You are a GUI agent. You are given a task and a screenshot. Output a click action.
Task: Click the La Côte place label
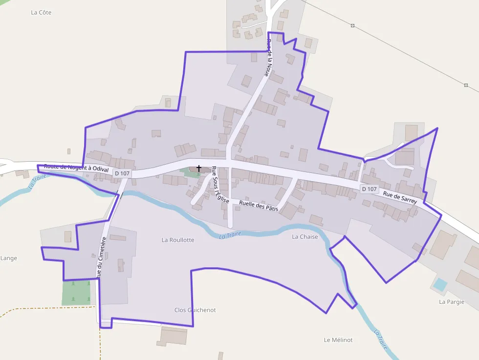pos(41,12)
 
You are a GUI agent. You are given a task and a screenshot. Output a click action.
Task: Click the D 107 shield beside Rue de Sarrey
pos(370,189)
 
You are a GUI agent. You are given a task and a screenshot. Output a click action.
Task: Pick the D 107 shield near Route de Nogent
pos(122,173)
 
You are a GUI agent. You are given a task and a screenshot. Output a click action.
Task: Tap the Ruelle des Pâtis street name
pos(259,206)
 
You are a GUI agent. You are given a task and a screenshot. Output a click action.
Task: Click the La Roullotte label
pos(178,240)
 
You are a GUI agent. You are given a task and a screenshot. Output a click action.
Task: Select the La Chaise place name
pos(305,237)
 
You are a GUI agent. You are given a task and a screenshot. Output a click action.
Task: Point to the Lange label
pos(9,258)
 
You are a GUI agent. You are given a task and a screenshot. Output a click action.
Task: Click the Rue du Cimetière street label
pos(101,257)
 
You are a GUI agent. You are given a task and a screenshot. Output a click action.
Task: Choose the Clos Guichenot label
pos(195,310)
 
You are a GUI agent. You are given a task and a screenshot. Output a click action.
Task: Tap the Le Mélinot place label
pos(338,340)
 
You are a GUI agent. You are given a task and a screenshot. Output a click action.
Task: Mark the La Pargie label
pos(451,301)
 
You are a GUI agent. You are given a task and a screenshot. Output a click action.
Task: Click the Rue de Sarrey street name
pos(400,197)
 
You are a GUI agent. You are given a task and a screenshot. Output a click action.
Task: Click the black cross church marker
pos(199,168)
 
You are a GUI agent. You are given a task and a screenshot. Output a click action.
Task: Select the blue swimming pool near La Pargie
pos(440,284)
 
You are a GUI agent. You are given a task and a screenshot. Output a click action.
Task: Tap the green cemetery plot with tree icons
pos(76,293)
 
